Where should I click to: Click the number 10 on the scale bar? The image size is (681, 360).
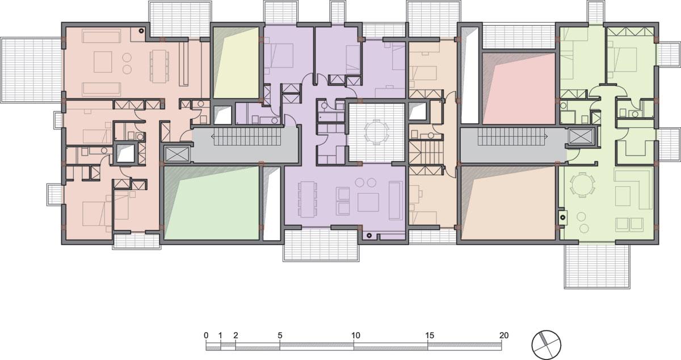[355, 336]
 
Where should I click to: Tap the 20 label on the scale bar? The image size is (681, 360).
[504, 336]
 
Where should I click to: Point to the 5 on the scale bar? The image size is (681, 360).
[280, 336]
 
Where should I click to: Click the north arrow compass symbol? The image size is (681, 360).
[546, 345]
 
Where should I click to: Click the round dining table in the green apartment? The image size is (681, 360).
[582, 184]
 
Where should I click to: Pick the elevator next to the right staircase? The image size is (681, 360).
[581, 136]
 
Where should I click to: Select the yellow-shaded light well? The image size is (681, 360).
[236, 62]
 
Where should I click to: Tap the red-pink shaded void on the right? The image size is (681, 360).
[519, 88]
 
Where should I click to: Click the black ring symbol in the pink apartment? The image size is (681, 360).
[141, 31]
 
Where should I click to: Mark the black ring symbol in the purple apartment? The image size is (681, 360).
[369, 235]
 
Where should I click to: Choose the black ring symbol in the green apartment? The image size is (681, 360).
[563, 217]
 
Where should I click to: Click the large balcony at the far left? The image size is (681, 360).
[31, 70]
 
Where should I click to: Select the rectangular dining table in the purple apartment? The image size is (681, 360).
[308, 199]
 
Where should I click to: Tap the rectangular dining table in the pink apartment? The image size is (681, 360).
[159, 66]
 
